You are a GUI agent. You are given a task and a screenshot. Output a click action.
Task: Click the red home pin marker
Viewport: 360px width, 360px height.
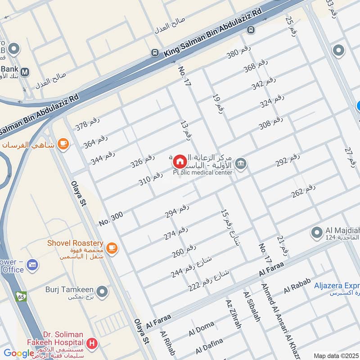(x=180, y=162)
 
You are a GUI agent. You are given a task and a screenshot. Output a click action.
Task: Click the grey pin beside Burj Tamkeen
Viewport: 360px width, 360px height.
(x=103, y=292)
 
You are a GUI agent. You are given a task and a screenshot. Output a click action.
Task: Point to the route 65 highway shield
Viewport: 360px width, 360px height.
(x=21, y=297)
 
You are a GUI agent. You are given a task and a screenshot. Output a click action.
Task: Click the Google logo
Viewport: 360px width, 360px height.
(x=19, y=353)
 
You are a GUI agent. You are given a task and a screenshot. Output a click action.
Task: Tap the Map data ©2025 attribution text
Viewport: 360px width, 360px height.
(x=336, y=355)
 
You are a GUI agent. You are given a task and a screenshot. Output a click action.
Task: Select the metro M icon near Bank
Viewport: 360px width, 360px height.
(x=25, y=72)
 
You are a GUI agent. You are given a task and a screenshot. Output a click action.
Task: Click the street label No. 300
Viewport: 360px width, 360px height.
(x=111, y=219)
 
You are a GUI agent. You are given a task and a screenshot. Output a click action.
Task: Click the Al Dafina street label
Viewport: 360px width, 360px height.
(x=209, y=346)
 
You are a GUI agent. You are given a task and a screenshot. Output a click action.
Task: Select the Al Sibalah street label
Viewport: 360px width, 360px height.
(x=252, y=306)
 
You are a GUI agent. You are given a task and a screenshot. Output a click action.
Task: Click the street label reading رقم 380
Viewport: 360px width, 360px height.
(x=238, y=54)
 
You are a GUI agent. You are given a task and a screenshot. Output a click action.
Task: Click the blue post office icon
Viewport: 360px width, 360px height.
(x=32, y=265)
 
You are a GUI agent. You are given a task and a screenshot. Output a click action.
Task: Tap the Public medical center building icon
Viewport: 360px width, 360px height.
(x=241, y=164)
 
